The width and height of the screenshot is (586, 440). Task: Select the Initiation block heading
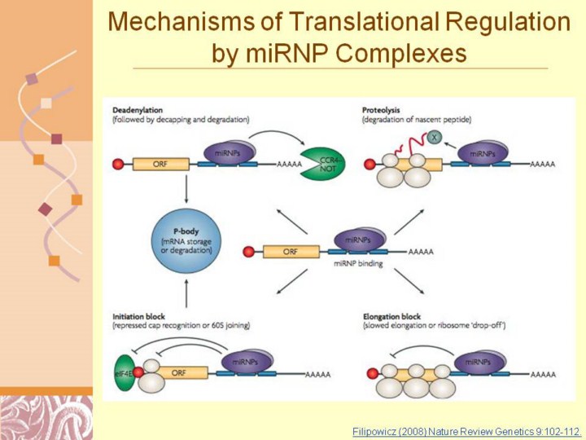click(146, 315)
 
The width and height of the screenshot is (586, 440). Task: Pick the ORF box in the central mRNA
click(290, 252)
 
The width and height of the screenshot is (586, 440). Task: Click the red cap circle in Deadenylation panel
click(119, 164)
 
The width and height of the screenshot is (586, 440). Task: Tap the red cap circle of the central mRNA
click(248, 252)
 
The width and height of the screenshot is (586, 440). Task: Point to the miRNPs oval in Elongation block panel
click(482, 362)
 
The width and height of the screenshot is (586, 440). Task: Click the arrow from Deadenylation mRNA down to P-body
click(186, 189)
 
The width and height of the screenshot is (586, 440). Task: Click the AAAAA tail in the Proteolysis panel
click(543, 164)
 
